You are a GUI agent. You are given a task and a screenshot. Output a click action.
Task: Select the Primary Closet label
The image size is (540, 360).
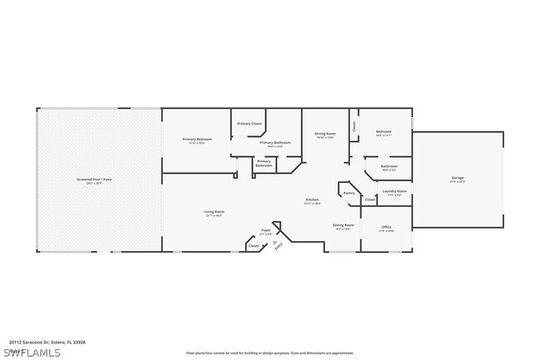click(249, 124)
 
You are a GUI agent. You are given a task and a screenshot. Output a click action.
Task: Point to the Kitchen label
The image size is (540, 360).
click(312, 200)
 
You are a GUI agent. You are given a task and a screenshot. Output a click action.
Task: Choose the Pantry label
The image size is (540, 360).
click(349, 193)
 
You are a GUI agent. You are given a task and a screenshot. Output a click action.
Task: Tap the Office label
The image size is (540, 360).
click(386, 228)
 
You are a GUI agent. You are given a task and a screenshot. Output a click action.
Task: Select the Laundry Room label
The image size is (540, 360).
click(395, 192)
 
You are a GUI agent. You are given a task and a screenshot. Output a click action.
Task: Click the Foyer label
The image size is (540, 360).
click(266, 231)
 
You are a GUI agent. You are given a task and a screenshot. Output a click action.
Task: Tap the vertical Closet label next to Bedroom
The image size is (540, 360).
click(354, 126)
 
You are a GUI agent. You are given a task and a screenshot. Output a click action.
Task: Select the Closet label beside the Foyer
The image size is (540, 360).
click(253, 245)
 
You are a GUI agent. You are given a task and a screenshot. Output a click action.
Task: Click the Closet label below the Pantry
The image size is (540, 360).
click(371, 200)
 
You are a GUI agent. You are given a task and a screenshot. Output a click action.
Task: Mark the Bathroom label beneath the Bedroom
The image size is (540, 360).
click(389, 167)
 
